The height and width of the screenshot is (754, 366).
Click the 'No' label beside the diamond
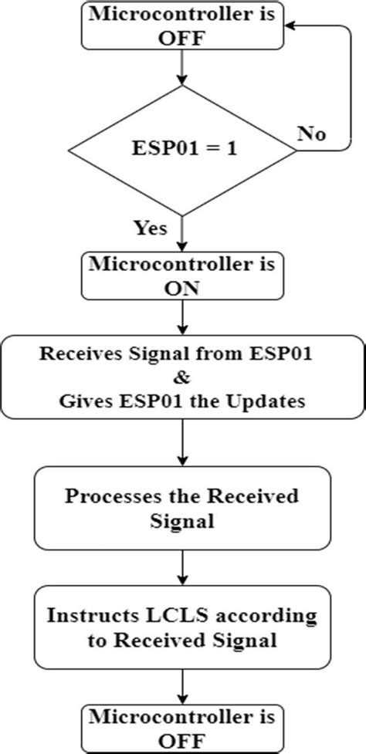[311, 134]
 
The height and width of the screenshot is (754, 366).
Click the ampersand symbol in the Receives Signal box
[183, 378]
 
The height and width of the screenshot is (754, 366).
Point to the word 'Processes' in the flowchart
[114, 495]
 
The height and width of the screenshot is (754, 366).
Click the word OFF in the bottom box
[182, 740]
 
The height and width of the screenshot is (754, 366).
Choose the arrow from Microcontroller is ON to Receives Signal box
[182, 317]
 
